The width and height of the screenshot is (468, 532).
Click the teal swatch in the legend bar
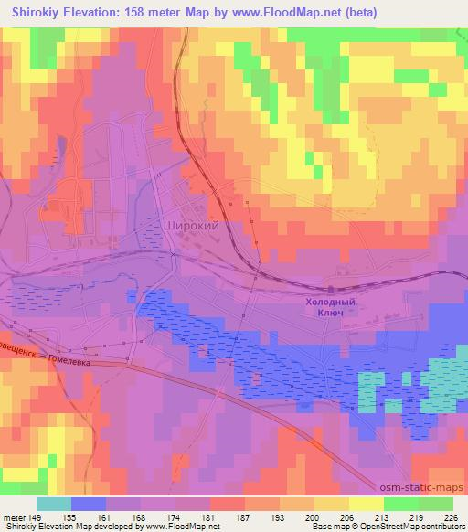(54, 504)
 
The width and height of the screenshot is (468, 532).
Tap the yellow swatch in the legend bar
(367, 504)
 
